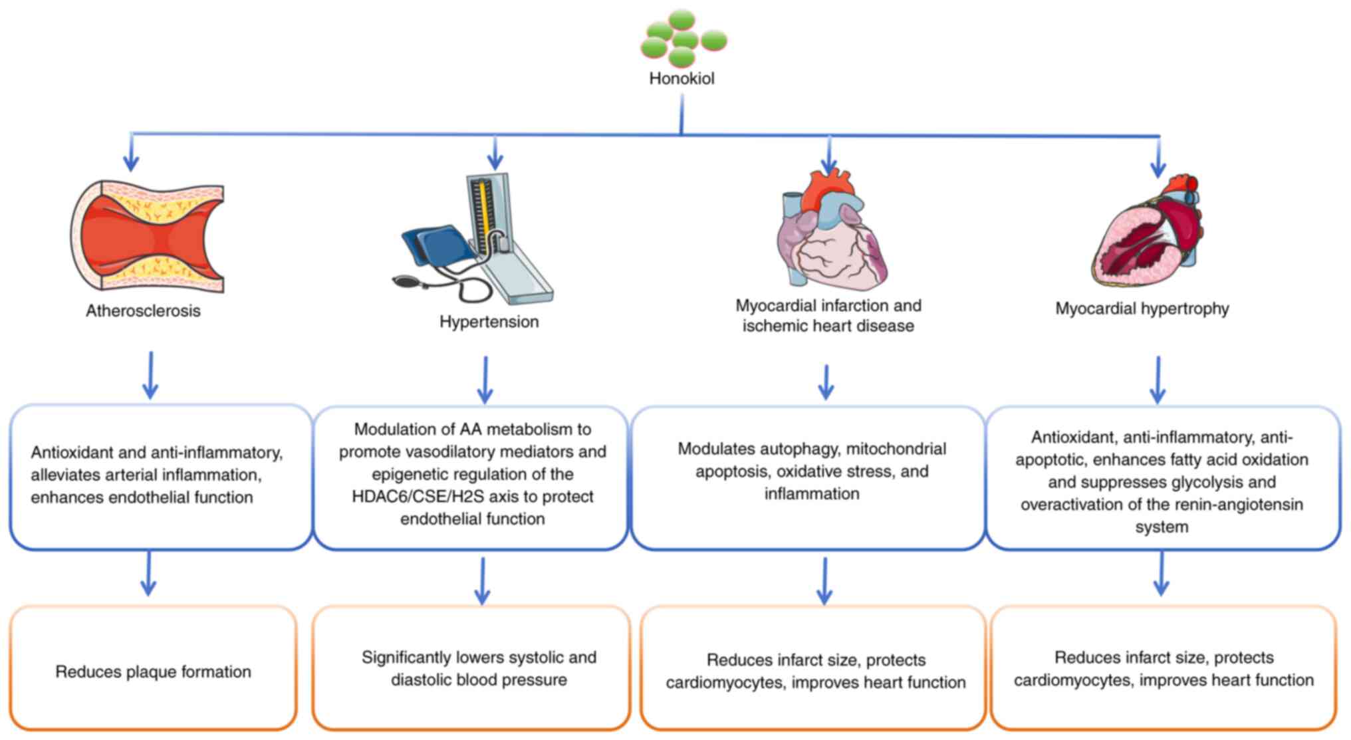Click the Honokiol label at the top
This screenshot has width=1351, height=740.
coord(681,78)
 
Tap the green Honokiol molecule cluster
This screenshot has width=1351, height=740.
coord(683,39)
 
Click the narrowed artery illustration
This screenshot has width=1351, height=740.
coord(148,236)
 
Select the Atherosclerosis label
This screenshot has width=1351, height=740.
coord(143,310)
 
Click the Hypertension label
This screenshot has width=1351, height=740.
coord(489,322)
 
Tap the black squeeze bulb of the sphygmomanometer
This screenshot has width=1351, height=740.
coord(406,281)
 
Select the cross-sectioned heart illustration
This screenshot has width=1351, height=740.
coord(1148,233)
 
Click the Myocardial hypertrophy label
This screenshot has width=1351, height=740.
coord(1142,308)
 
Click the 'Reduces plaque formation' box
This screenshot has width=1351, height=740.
coord(153,668)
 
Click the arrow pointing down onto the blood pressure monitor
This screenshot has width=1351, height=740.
coord(495,154)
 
